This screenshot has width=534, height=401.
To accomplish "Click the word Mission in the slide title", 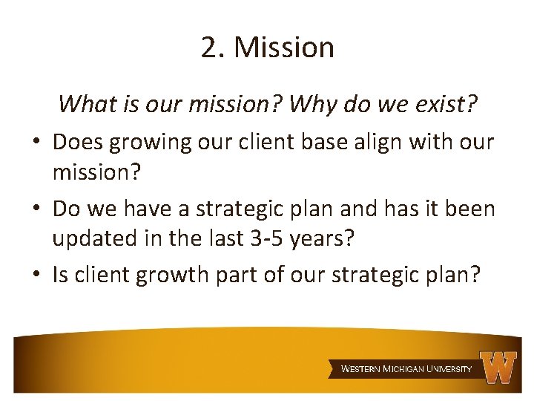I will pyautogui.click(x=284, y=48).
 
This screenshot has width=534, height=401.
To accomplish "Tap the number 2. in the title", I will pyautogui.click(x=214, y=48).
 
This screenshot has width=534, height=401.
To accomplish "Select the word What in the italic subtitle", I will pyautogui.click(x=83, y=104).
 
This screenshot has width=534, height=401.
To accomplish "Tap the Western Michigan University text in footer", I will pyautogui.click(x=406, y=368).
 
